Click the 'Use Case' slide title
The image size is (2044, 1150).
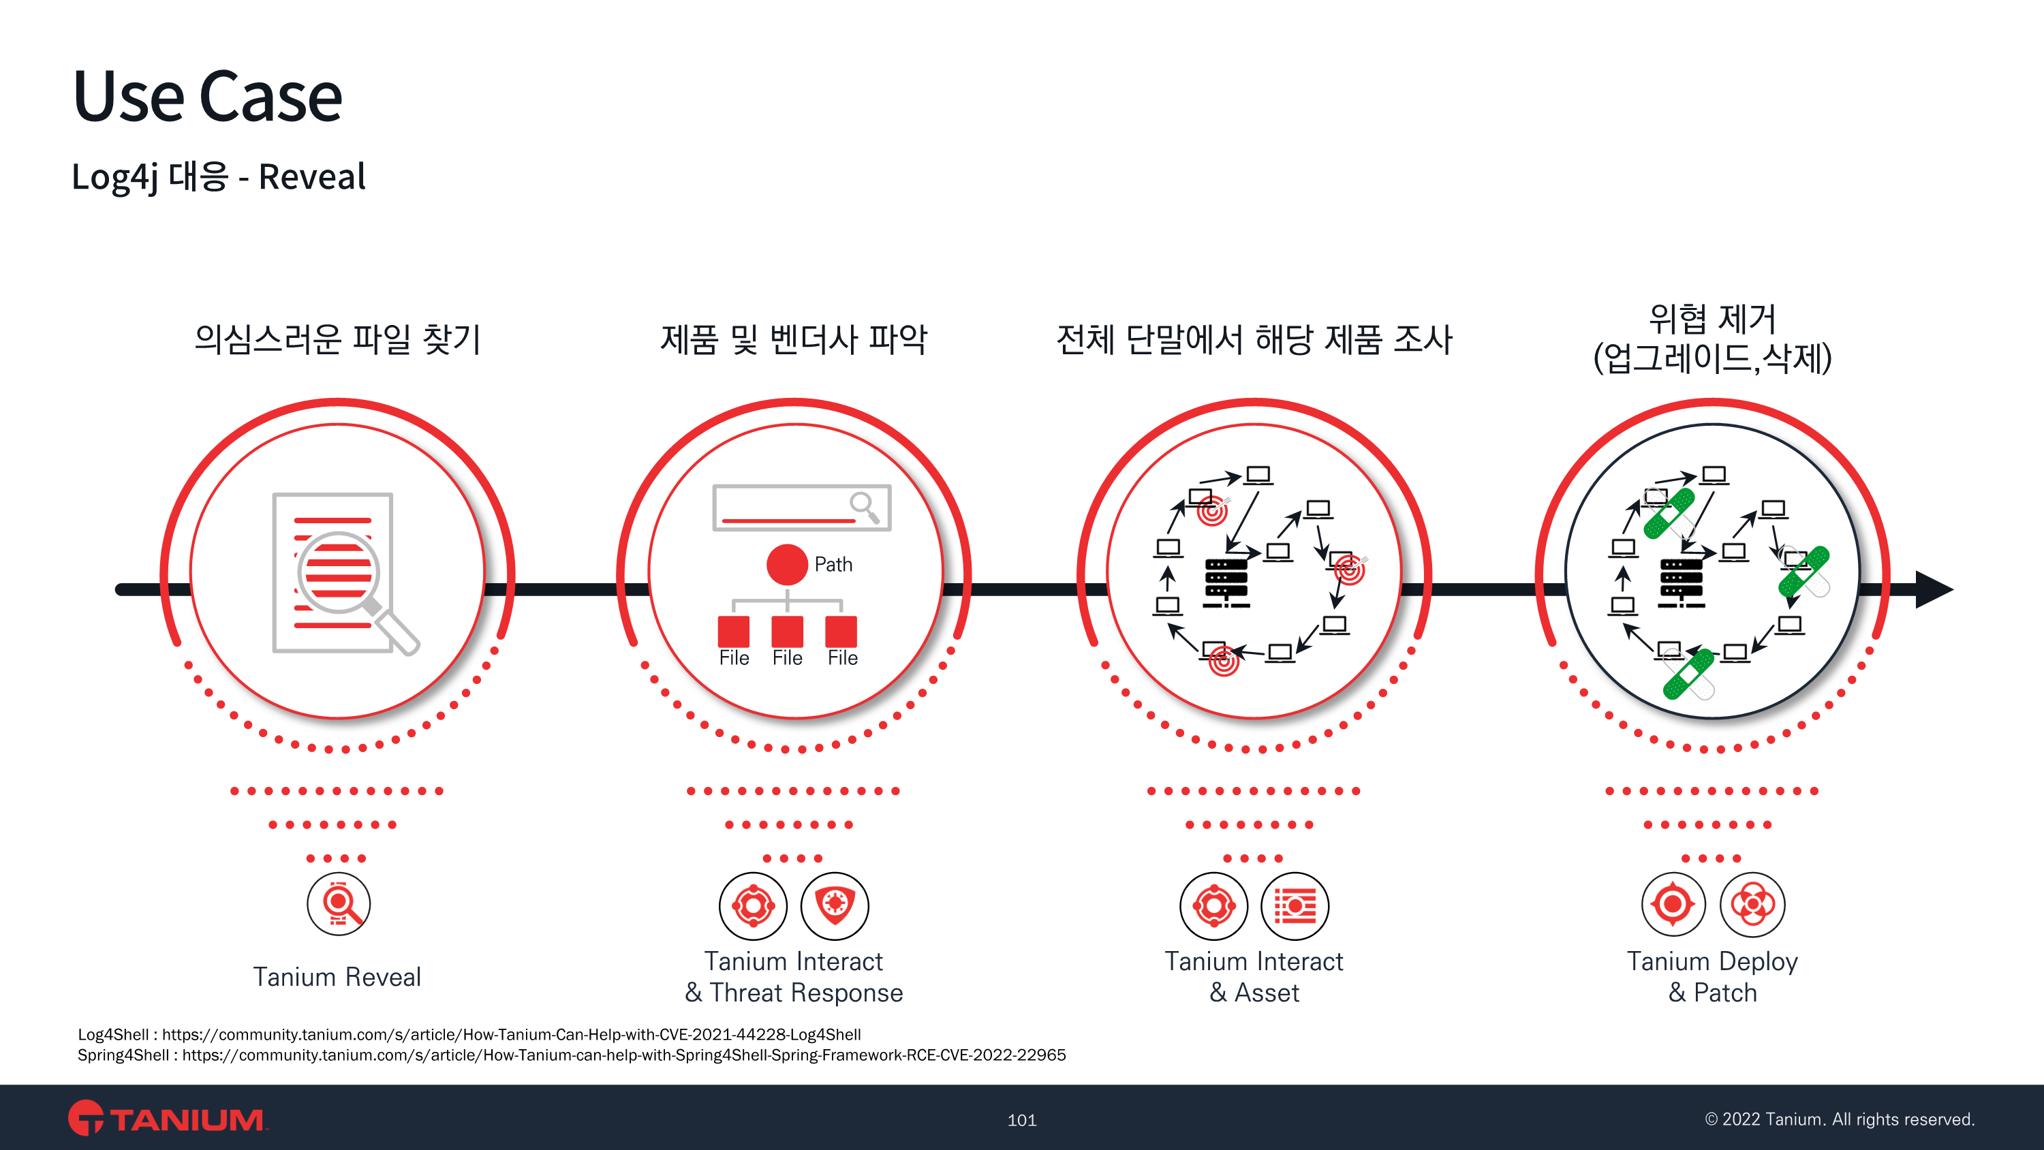[x=208, y=96]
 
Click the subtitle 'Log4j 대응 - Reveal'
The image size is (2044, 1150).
[x=218, y=176]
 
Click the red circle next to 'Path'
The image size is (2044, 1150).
[x=786, y=564]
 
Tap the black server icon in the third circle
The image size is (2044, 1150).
[x=1226, y=583]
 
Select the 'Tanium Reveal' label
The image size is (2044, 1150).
[x=337, y=976]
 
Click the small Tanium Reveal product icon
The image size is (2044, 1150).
[x=339, y=904]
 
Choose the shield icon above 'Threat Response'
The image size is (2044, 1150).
[x=835, y=905]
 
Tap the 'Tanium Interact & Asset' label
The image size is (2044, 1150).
[x=1254, y=977]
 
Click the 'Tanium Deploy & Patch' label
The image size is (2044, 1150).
[x=1712, y=977]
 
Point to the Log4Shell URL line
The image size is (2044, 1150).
[x=469, y=1034]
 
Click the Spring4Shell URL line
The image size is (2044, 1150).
[x=572, y=1055]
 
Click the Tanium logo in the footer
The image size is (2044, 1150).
[x=168, y=1118]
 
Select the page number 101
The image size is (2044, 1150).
[x=1022, y=1120]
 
